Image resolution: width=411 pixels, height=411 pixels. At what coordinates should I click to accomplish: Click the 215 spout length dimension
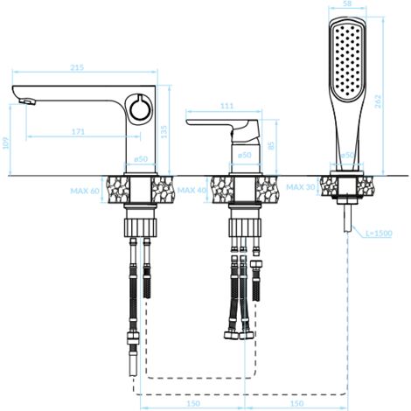77,67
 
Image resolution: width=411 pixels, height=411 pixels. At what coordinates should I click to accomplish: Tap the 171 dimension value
78,132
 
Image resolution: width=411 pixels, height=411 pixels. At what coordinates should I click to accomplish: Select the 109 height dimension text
6,143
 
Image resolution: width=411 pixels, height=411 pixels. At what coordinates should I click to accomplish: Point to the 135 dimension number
164,132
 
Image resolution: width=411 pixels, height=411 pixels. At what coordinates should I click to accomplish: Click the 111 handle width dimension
226,106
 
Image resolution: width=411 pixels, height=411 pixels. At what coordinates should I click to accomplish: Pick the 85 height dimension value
271,145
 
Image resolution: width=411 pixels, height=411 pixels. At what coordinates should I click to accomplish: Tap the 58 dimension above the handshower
347,3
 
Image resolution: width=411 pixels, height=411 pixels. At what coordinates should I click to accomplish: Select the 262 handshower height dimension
378,101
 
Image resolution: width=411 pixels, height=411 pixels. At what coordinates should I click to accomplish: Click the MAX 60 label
85,192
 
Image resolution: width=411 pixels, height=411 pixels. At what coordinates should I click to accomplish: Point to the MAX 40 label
192,191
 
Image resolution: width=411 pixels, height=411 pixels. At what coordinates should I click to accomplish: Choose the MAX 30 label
301,187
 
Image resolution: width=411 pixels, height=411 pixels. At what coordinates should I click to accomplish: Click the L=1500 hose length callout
380,233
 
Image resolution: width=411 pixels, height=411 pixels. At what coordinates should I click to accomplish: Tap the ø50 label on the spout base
141,159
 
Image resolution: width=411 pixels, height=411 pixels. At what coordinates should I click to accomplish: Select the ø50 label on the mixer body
244,155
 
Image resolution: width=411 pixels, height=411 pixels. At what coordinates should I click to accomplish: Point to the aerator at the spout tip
27,101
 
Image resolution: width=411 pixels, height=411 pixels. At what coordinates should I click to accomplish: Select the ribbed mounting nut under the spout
141,227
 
